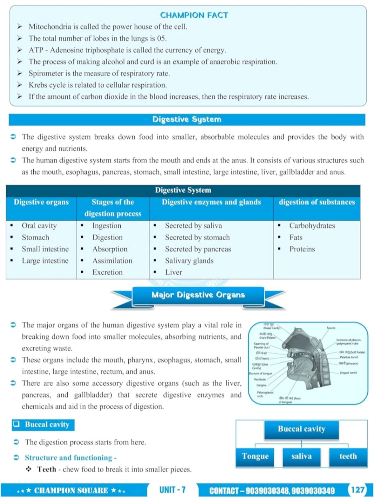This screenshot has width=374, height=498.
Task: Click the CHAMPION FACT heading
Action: point(194,15)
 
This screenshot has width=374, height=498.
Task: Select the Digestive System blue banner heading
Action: point(187,120)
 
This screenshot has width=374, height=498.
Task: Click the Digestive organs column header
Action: point(41,202)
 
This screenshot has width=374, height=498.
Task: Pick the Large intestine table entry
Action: point(45,261)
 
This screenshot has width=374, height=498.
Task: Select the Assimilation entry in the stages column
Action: point(112,261)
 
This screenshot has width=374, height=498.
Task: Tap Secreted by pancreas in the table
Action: point(198,249)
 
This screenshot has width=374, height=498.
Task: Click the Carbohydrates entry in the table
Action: point(312,226)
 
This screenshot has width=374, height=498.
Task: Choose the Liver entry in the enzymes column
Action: point(174,272)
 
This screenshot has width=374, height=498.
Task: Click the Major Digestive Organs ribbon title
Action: point(198,295)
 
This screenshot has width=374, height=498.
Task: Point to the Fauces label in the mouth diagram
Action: point(331,328)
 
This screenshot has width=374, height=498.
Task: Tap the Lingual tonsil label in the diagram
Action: point(348,373)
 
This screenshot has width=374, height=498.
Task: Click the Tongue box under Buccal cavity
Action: point(255,456)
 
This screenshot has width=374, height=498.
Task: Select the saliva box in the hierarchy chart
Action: point(301,456)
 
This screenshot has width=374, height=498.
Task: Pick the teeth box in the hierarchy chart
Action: point(348,456)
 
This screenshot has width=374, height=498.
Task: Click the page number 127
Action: point(357,490)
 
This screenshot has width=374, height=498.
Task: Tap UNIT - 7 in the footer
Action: point(172,490)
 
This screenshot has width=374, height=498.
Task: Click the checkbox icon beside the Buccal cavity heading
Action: point(17,424)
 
